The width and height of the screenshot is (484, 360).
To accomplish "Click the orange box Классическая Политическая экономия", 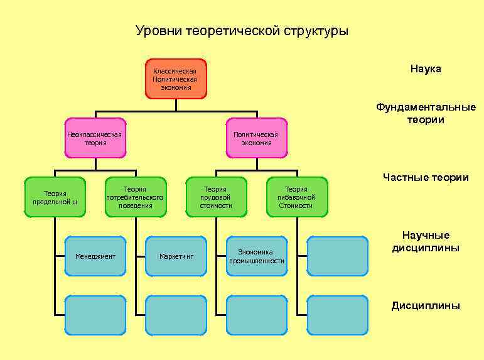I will (x=176, y=79).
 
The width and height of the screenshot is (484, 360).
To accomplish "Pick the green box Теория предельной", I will (x=55, y=197).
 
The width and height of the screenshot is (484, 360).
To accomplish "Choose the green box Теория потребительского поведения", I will (x=135, y=197).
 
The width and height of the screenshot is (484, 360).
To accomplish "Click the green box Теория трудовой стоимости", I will (x=216, y=197).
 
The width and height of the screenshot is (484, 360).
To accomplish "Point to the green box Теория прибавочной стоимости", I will (x=297, y=197).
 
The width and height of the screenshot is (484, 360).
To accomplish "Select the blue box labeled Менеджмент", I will (x=95, y=256).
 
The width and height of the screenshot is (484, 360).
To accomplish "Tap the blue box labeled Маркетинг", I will (x=176, y=256).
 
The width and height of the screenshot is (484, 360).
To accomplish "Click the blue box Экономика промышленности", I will (x=257, y=256).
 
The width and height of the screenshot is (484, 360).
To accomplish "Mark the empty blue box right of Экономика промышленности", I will (x=338, y=256).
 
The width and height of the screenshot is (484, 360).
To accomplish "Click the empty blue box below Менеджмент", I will (x=95, y=315).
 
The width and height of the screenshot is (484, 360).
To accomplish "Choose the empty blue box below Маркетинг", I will (x=176, y=315).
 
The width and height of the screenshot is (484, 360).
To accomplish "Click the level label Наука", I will (x=426, y=68).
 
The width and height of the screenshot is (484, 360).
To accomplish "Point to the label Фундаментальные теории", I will (x=426, y=113).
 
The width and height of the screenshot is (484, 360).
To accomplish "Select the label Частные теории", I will (x=426, y=177).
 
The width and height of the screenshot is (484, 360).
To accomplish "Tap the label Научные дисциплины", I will (x=426, y=241).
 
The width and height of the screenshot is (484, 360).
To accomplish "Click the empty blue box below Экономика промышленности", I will (x=257, y=315).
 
